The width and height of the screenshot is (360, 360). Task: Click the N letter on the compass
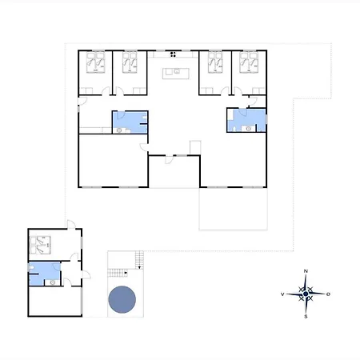click(x=306, y=271)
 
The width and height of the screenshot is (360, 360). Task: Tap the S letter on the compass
click(x=306, y=317)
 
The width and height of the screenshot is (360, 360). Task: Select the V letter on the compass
click(x=282, y=294)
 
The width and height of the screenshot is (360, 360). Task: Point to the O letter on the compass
click(x=328, y=294)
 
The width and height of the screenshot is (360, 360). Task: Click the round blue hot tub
click(x=122, y=299)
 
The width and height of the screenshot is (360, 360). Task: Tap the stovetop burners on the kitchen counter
click(x=173, y=54)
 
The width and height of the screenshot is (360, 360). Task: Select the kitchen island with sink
click(x=176, y=74)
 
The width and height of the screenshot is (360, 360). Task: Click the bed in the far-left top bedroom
click(x=95, y=62)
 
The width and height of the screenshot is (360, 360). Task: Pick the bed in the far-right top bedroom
click(x=249, y=62)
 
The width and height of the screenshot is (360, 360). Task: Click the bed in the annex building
click(x=40, y=245)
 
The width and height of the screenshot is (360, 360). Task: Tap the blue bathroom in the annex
click(x=44, y=274)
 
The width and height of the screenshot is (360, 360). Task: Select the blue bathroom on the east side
click(x=246, y=120)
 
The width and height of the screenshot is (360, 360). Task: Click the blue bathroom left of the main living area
click(x=130, y=122)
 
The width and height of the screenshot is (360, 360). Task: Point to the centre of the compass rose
click(x=306, y=294)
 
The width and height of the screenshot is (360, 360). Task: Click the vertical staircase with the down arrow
click(x=139, y=260)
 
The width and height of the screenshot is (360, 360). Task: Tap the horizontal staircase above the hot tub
click(x=118, y=273)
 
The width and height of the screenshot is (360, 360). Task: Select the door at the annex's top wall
click(x=71, y=224)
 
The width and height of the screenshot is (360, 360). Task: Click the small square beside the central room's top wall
click(x=195, y=147)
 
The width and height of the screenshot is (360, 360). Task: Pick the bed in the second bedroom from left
click(x=130, y=62)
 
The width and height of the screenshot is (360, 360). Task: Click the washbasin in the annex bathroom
click(x=53, y=282)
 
